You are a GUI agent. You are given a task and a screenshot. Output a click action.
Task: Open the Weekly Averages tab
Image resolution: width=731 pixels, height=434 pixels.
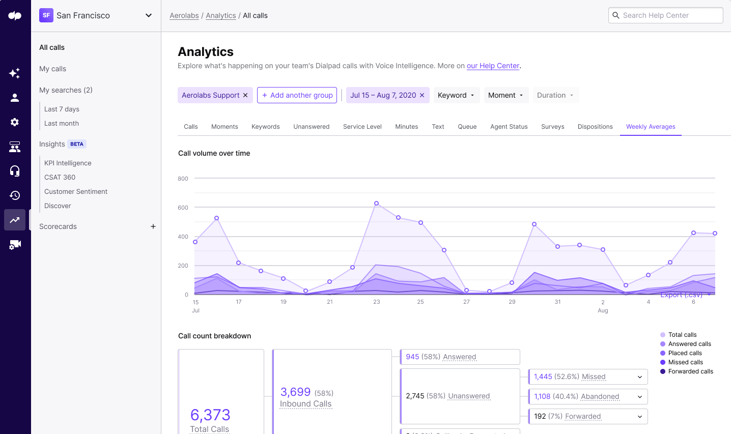(651, 127)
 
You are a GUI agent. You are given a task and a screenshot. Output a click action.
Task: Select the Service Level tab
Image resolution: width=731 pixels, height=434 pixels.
(362, 127)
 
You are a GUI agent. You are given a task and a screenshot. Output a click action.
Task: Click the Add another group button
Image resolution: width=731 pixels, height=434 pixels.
(297, 95)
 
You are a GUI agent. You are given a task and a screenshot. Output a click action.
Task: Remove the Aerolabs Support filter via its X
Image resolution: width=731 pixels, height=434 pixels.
(245, 95)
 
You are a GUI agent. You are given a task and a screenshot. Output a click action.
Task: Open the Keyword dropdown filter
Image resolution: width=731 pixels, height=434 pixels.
(456, 95)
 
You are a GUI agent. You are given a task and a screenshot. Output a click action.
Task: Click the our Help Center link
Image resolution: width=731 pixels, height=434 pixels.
(493, 66)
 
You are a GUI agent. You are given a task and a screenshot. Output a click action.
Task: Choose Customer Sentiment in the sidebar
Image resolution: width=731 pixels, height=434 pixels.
(76, 191)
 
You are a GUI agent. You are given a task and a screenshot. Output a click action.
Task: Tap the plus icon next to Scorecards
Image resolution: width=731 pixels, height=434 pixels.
(153, 226)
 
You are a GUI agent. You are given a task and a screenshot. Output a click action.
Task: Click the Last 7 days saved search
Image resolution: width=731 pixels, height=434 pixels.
(62, 109)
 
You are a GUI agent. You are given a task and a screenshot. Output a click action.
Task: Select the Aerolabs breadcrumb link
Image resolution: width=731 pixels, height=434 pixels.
(184, 15)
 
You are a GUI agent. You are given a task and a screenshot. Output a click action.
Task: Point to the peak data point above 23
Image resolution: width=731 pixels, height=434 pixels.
(377, 203)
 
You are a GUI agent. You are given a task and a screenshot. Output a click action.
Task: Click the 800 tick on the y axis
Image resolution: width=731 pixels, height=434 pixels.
(183, 179)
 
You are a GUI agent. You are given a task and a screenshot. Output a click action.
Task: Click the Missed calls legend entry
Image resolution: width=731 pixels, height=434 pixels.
(685, 362)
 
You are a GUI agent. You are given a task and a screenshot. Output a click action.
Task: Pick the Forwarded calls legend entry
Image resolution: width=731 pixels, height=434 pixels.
(690, 371)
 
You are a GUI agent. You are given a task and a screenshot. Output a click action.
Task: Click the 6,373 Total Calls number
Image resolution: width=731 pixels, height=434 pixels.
(210, 415)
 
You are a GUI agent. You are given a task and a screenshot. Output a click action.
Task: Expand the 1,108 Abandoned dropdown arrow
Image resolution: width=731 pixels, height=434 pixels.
(640, 396)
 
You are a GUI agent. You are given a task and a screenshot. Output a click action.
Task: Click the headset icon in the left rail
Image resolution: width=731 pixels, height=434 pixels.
(15, 171)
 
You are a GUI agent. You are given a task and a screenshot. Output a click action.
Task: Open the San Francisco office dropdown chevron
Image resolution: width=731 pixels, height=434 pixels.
(149, 15)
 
